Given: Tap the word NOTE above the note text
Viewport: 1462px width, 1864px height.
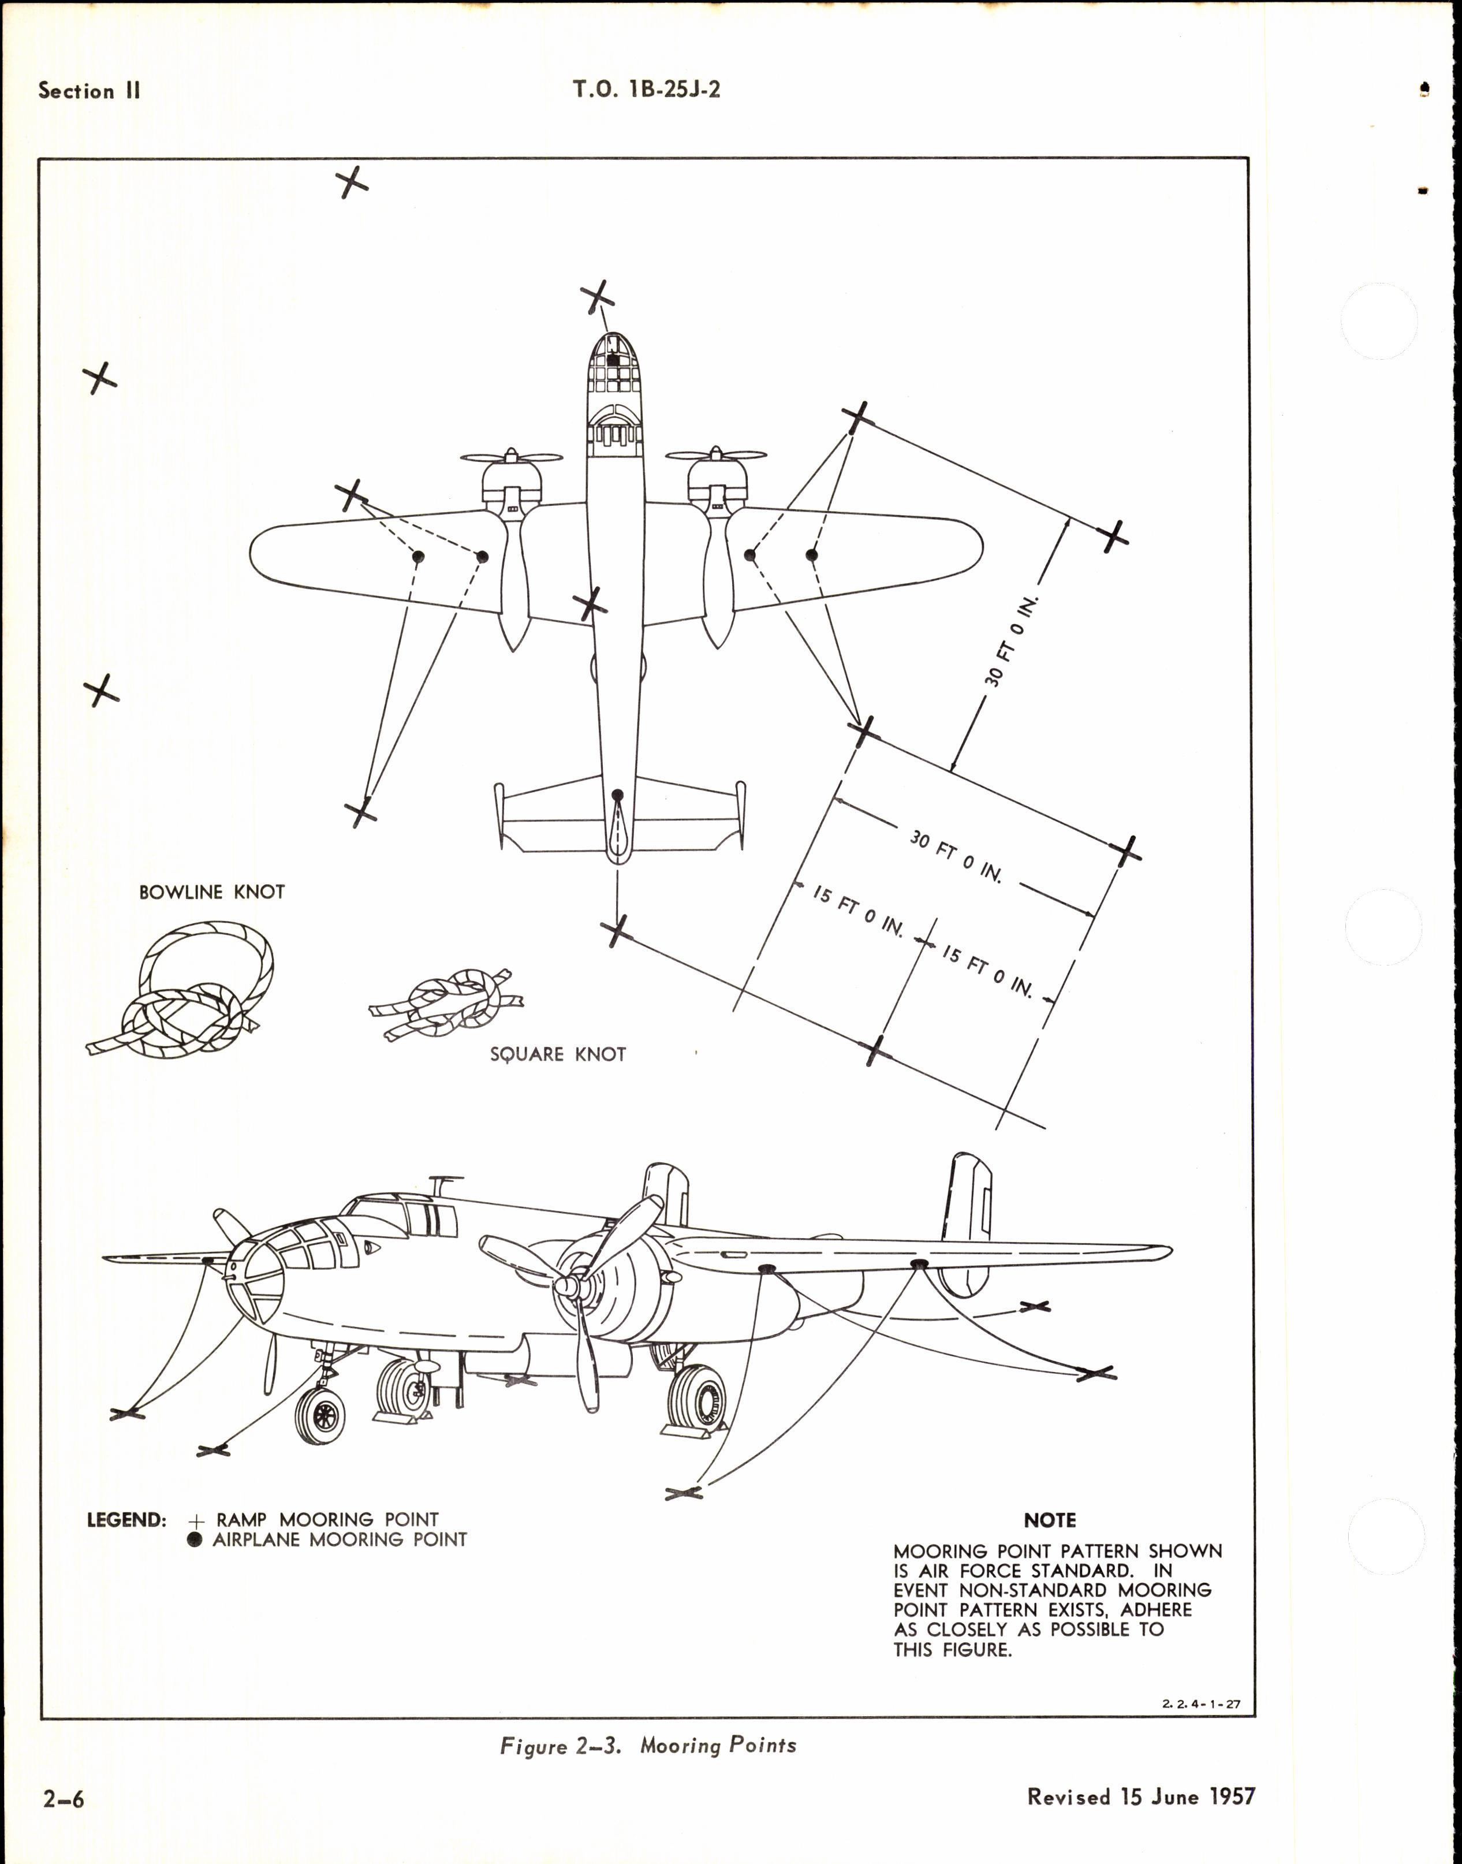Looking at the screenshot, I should [1049, 1520].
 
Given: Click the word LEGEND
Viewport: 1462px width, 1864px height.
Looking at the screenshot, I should [126, 1520].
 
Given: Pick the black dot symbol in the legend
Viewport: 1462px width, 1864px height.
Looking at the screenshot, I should [195, 1539].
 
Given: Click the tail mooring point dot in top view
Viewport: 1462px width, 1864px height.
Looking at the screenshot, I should [617, 796].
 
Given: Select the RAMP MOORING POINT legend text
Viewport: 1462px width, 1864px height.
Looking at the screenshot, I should [327, 1520].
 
